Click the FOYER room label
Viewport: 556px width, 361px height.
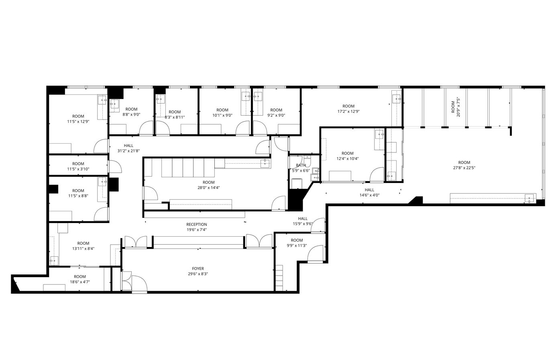point(198,269)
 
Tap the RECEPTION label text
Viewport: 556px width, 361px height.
point(197,225)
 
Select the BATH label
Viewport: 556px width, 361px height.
point(301,165)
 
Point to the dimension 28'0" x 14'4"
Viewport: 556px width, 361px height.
point(208,187)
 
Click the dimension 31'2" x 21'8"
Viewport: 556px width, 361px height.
point(128,151)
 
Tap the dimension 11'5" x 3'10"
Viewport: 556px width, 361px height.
point(78,169)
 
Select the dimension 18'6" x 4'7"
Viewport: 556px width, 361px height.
point(79,282)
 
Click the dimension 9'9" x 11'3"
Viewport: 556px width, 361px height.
point(297,246)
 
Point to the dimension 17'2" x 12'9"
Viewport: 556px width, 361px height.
point(348,112)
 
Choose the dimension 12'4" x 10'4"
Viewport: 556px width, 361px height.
point(347,158)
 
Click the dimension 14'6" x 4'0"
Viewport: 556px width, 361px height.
point(369,195)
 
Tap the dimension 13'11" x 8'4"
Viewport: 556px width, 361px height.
point(83,249)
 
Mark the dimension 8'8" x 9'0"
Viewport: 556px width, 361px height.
point(131,114)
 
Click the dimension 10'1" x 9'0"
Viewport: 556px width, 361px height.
point(222,116)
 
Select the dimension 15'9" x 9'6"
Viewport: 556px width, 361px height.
point(303,224)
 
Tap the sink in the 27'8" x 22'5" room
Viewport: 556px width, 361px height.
point(530,198)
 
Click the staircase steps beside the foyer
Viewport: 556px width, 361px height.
point(279,278)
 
